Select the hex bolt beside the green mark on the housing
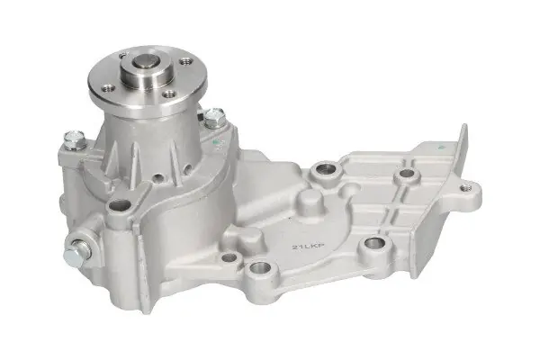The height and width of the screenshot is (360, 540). tap(214, 118)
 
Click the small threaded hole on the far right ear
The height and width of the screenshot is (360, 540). tap(465, 188)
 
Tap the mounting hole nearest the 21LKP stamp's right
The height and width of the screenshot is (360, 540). tap(374, 245)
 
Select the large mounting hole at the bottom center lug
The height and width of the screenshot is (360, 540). tap(261, 267)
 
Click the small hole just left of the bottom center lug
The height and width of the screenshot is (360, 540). tap(229, 256)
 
